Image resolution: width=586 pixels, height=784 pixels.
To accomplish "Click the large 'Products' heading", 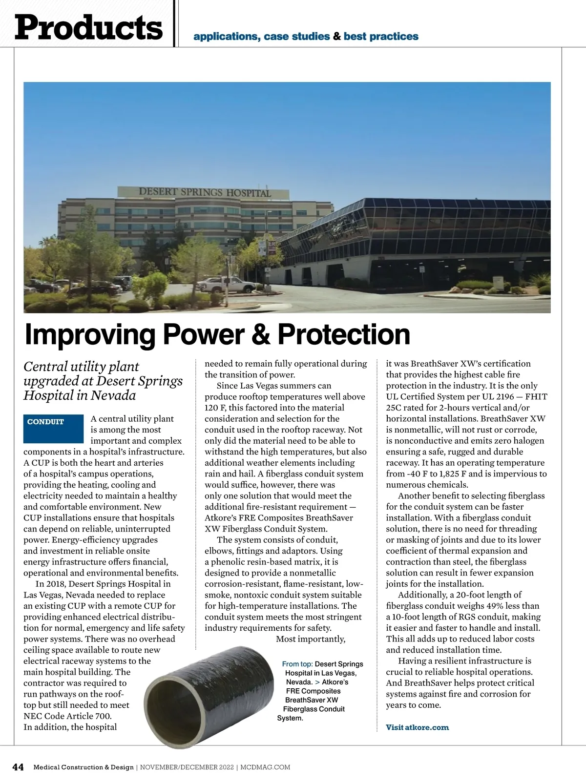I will (x=88, y=27).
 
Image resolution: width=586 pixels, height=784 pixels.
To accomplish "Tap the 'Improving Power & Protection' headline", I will (x=217, y=335).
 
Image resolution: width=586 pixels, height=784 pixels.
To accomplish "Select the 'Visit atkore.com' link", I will (x=417, y=727).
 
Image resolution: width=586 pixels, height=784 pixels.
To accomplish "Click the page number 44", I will (x=18, y=767).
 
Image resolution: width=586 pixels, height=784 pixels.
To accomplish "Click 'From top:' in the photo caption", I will (x=297, y=664).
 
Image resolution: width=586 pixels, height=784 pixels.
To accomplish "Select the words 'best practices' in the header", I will (x=381, y=37).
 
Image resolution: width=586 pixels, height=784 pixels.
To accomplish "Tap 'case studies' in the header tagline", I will (x=296, y=37).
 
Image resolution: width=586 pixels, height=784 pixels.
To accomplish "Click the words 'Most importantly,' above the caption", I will (x=311, y=639).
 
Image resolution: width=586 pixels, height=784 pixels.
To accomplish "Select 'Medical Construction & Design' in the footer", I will (x=83, y=767).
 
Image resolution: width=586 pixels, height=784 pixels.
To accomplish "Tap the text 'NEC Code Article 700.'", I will (x=67, y=716).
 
